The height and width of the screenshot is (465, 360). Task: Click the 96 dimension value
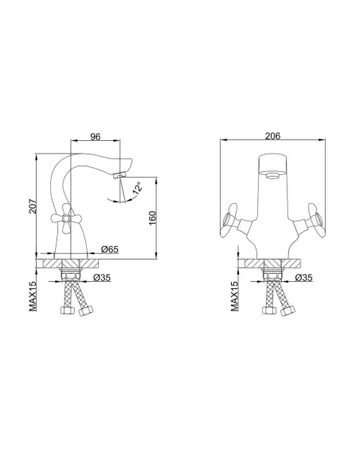click(96, 136)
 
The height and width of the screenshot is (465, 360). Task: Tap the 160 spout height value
click(152, 217)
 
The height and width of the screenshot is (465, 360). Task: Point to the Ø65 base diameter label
click(109, 249)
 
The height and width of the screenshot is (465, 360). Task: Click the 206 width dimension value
click(272, 136)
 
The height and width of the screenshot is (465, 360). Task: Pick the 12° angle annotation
click(137, 190)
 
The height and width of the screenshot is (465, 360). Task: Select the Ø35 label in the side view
click(102, 278)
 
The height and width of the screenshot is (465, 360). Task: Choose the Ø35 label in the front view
click(304, 278)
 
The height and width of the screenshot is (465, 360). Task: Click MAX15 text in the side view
click(33, 296)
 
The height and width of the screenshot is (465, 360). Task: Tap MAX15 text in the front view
click(235, 296)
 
